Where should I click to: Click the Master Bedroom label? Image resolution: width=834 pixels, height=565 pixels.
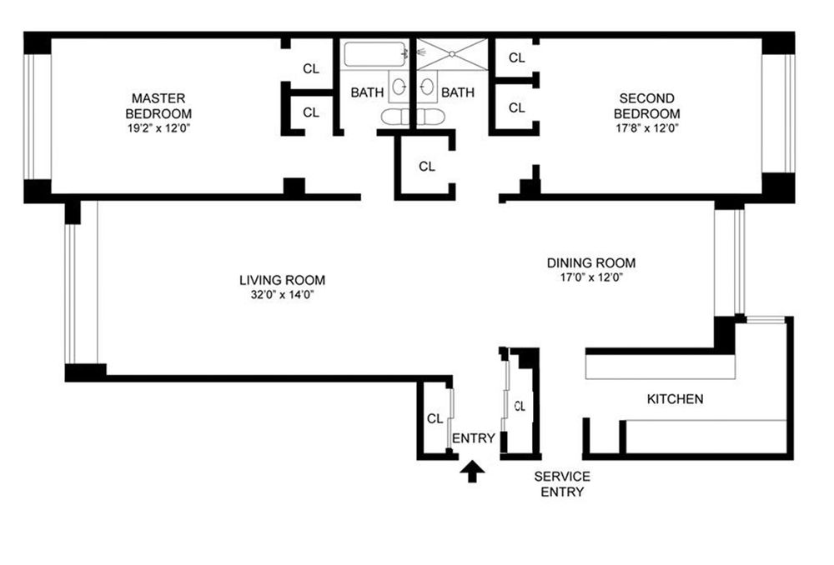click(x=158, y=106)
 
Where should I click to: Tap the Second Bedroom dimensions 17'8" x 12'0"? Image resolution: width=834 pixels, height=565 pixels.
click(x=647, y=128)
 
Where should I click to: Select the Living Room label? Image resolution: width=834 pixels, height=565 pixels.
click(x=282, y=280)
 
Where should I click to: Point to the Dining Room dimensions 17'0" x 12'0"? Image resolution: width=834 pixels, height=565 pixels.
click(x=591, y=277)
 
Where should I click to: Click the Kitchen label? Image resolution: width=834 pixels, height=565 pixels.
click(x=675, y=398)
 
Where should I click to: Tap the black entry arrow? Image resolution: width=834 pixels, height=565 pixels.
click(x=472, y=471)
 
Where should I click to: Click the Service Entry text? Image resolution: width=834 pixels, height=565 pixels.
click(x=562, y=483)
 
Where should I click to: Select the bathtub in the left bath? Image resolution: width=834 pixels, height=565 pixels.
click(x=374, y=54)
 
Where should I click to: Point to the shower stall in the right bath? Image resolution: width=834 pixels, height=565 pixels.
click(x=452, y=54)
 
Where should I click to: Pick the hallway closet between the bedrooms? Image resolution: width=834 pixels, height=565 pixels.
click(x=426, y=167)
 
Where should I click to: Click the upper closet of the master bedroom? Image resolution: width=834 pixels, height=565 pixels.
click(x=311, y=68)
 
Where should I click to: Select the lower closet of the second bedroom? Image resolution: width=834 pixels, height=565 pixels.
click(x=516, y=107)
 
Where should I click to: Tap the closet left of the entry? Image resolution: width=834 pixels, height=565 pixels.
click(x=435, y=419)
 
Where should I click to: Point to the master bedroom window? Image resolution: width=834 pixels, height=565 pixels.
click(x=38, y=117)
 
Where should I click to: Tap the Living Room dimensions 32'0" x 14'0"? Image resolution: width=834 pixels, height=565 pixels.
click(x=282, y=295)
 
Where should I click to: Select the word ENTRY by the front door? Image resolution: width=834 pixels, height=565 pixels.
click(x=474, y=438)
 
